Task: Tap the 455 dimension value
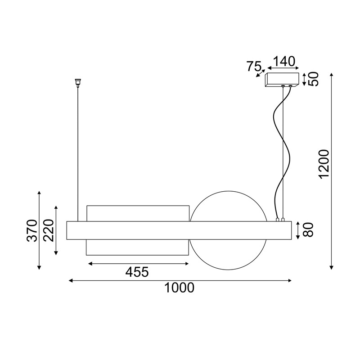point(137,272)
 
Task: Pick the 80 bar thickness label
point(308,229)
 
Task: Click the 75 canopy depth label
point(254,67)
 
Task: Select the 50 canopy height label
point(314,79)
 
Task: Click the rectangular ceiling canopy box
point(283,79)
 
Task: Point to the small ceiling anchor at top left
point(77,82)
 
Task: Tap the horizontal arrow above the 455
point(138,263)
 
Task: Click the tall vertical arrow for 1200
point(332,171)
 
